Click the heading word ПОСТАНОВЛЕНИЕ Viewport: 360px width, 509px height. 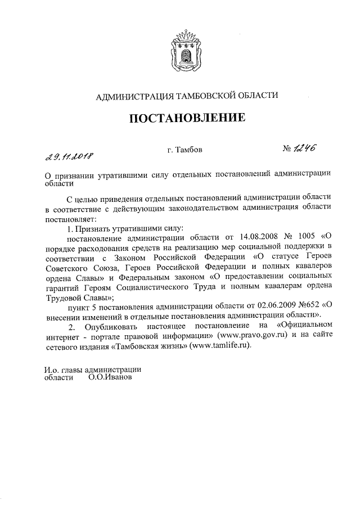(188, 118)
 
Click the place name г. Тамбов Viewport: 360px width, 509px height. (181, 150)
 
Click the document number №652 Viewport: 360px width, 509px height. (306, 305)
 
